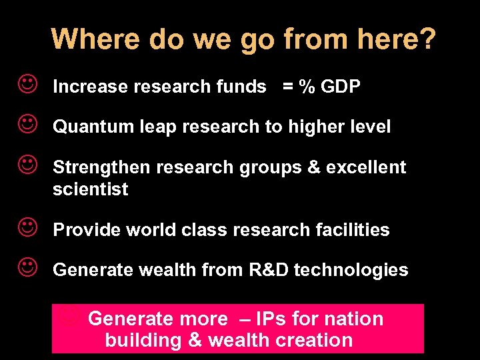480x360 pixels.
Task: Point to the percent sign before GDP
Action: (x=306, y=87)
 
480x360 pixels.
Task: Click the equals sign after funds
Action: (x=289, y=87)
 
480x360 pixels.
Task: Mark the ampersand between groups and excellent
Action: (x=313, y=167)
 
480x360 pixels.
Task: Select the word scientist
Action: (x=91, y=189)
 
